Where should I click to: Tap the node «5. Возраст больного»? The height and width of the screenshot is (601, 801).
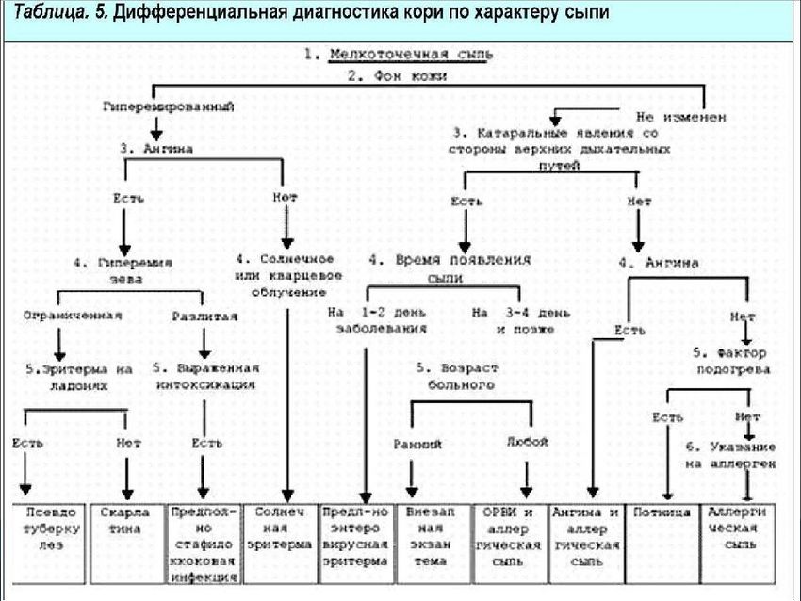(457, 376)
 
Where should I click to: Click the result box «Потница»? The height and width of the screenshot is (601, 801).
(663, 513)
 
